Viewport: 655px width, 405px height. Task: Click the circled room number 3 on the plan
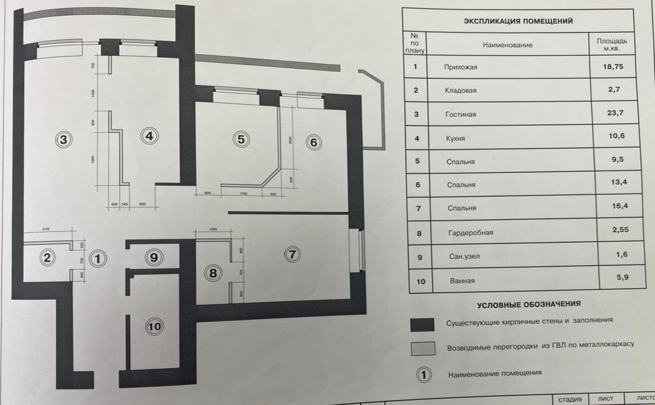pos(64,139)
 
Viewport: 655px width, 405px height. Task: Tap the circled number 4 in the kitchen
pos(150,136)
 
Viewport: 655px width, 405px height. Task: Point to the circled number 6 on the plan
pos(313,142)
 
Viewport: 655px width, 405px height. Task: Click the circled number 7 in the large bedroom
pos(293,254)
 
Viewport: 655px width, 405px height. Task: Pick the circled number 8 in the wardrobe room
pos(213,272)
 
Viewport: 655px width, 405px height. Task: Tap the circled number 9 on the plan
pos(153,257)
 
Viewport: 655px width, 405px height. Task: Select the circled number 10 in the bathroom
pos(154,326)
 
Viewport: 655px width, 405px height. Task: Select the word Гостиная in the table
pos(460,114)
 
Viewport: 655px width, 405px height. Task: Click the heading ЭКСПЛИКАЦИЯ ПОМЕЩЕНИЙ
pos(518,21)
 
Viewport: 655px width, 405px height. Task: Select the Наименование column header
pos(507,44)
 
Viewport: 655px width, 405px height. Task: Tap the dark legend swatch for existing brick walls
pos(423,324)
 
